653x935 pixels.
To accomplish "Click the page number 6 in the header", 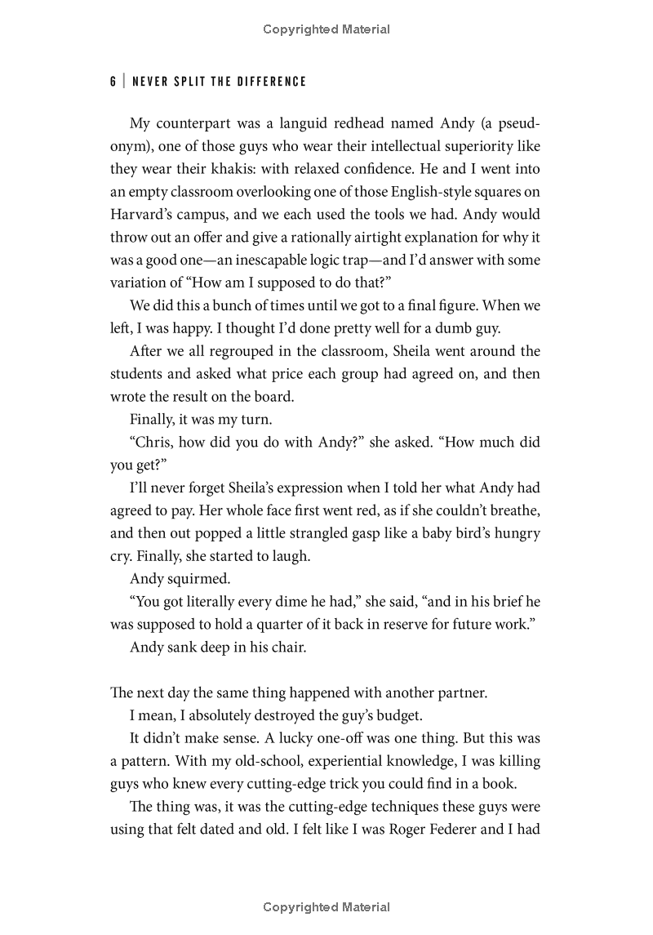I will pyautogui.click(x=113, y=82).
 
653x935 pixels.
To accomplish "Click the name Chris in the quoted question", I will pyautogui.click(x=152, y=442).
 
